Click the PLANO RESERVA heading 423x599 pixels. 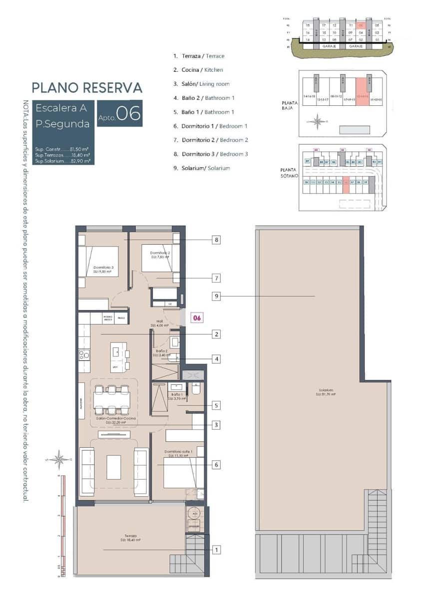point(87,88)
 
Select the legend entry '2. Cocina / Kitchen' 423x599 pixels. point(198,70)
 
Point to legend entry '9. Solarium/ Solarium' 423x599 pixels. point(201,168)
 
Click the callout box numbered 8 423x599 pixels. point(216,240)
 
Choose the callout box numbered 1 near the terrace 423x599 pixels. point(216,550)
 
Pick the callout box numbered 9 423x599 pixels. point(216,297)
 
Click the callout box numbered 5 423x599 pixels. point(216,405)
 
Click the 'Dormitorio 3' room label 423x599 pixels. point(103,270)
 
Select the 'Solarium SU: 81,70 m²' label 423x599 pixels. point(324,392)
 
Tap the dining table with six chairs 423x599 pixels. point(111,399)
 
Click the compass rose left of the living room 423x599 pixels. point(60,459)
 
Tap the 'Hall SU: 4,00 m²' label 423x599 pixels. point(160,323)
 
